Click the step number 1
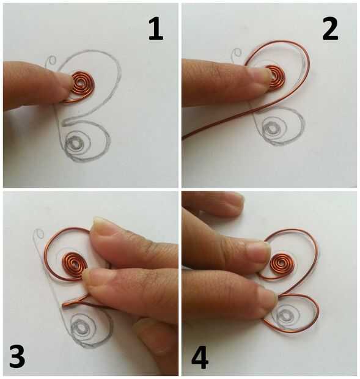pos(156,29)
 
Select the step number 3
pos(17,356)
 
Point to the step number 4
pos(200,357)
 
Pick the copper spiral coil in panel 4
pos(282,263)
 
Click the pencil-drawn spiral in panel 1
pos(77,144)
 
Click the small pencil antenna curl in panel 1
pos(50,61)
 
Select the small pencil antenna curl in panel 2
pos(236,54)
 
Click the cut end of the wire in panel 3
pos(64,306)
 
